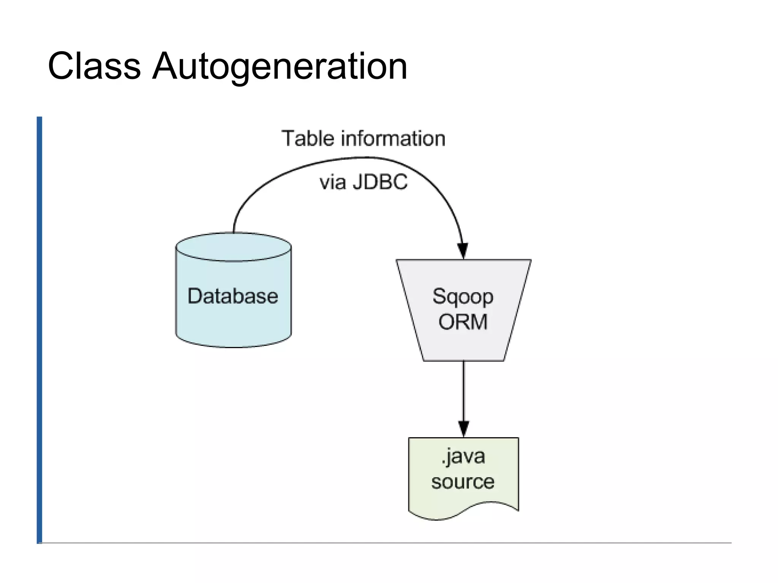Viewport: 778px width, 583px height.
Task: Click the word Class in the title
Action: (94, 66)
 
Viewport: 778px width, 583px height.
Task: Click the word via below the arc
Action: (333, 182)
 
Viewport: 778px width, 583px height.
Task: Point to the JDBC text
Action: (380, 182)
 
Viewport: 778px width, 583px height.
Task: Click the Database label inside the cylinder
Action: (232, 296)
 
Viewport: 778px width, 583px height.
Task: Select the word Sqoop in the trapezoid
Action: (463, 297)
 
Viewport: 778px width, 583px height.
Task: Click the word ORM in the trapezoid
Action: (463, 322)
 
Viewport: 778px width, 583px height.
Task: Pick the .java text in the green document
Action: (463, 456)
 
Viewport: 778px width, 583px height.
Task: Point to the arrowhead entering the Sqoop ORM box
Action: (463, 251)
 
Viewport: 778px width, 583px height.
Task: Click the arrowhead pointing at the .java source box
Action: (463, 429)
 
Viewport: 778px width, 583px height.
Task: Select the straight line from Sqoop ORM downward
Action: (463, 391)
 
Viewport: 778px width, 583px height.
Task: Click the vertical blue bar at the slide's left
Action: (40, 330)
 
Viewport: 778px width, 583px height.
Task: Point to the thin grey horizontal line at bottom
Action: (380, 543)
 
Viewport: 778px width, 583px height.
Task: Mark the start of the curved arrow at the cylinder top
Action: (234, 230)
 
